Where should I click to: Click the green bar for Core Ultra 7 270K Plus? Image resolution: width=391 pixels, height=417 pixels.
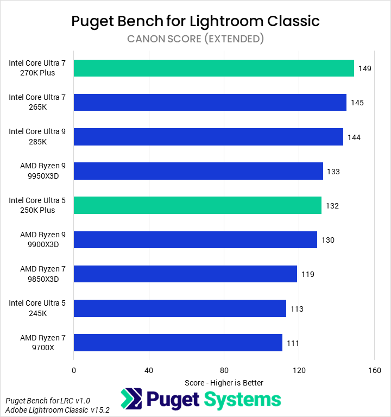[213, 68]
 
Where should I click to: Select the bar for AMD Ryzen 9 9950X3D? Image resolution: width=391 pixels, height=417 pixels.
[198, 171]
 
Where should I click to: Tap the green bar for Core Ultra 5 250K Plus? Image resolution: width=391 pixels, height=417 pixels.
[197, 205]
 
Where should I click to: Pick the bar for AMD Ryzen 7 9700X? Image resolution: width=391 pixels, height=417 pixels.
[178, 343]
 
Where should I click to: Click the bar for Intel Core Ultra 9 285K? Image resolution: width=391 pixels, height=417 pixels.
[208, 137]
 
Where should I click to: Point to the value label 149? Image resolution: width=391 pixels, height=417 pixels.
[365, 68]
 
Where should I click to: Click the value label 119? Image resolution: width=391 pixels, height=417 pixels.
[308, 274]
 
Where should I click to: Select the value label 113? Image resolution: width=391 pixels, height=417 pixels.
[297, 308]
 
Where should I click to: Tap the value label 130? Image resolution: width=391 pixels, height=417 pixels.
[328, 240]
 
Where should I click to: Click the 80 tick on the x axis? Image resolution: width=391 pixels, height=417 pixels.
[224, 370]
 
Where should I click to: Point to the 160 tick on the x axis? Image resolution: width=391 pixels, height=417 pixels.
[374, 370]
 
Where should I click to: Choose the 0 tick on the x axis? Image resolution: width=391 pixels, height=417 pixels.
[73, 370]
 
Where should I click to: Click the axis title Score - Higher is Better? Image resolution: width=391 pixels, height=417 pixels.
[224, 383]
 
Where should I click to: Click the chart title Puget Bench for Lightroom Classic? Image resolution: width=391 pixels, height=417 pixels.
[195, 21]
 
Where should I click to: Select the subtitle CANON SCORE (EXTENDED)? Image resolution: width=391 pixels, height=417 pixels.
[195, 39]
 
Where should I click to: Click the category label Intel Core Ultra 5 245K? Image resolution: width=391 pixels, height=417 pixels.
[37, 308]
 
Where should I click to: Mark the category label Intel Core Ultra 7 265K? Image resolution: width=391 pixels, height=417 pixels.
[37, 103]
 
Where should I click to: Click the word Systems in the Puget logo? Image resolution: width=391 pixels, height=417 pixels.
[242, 400]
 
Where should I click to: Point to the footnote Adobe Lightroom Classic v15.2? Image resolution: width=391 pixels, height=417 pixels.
[58, 410]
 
